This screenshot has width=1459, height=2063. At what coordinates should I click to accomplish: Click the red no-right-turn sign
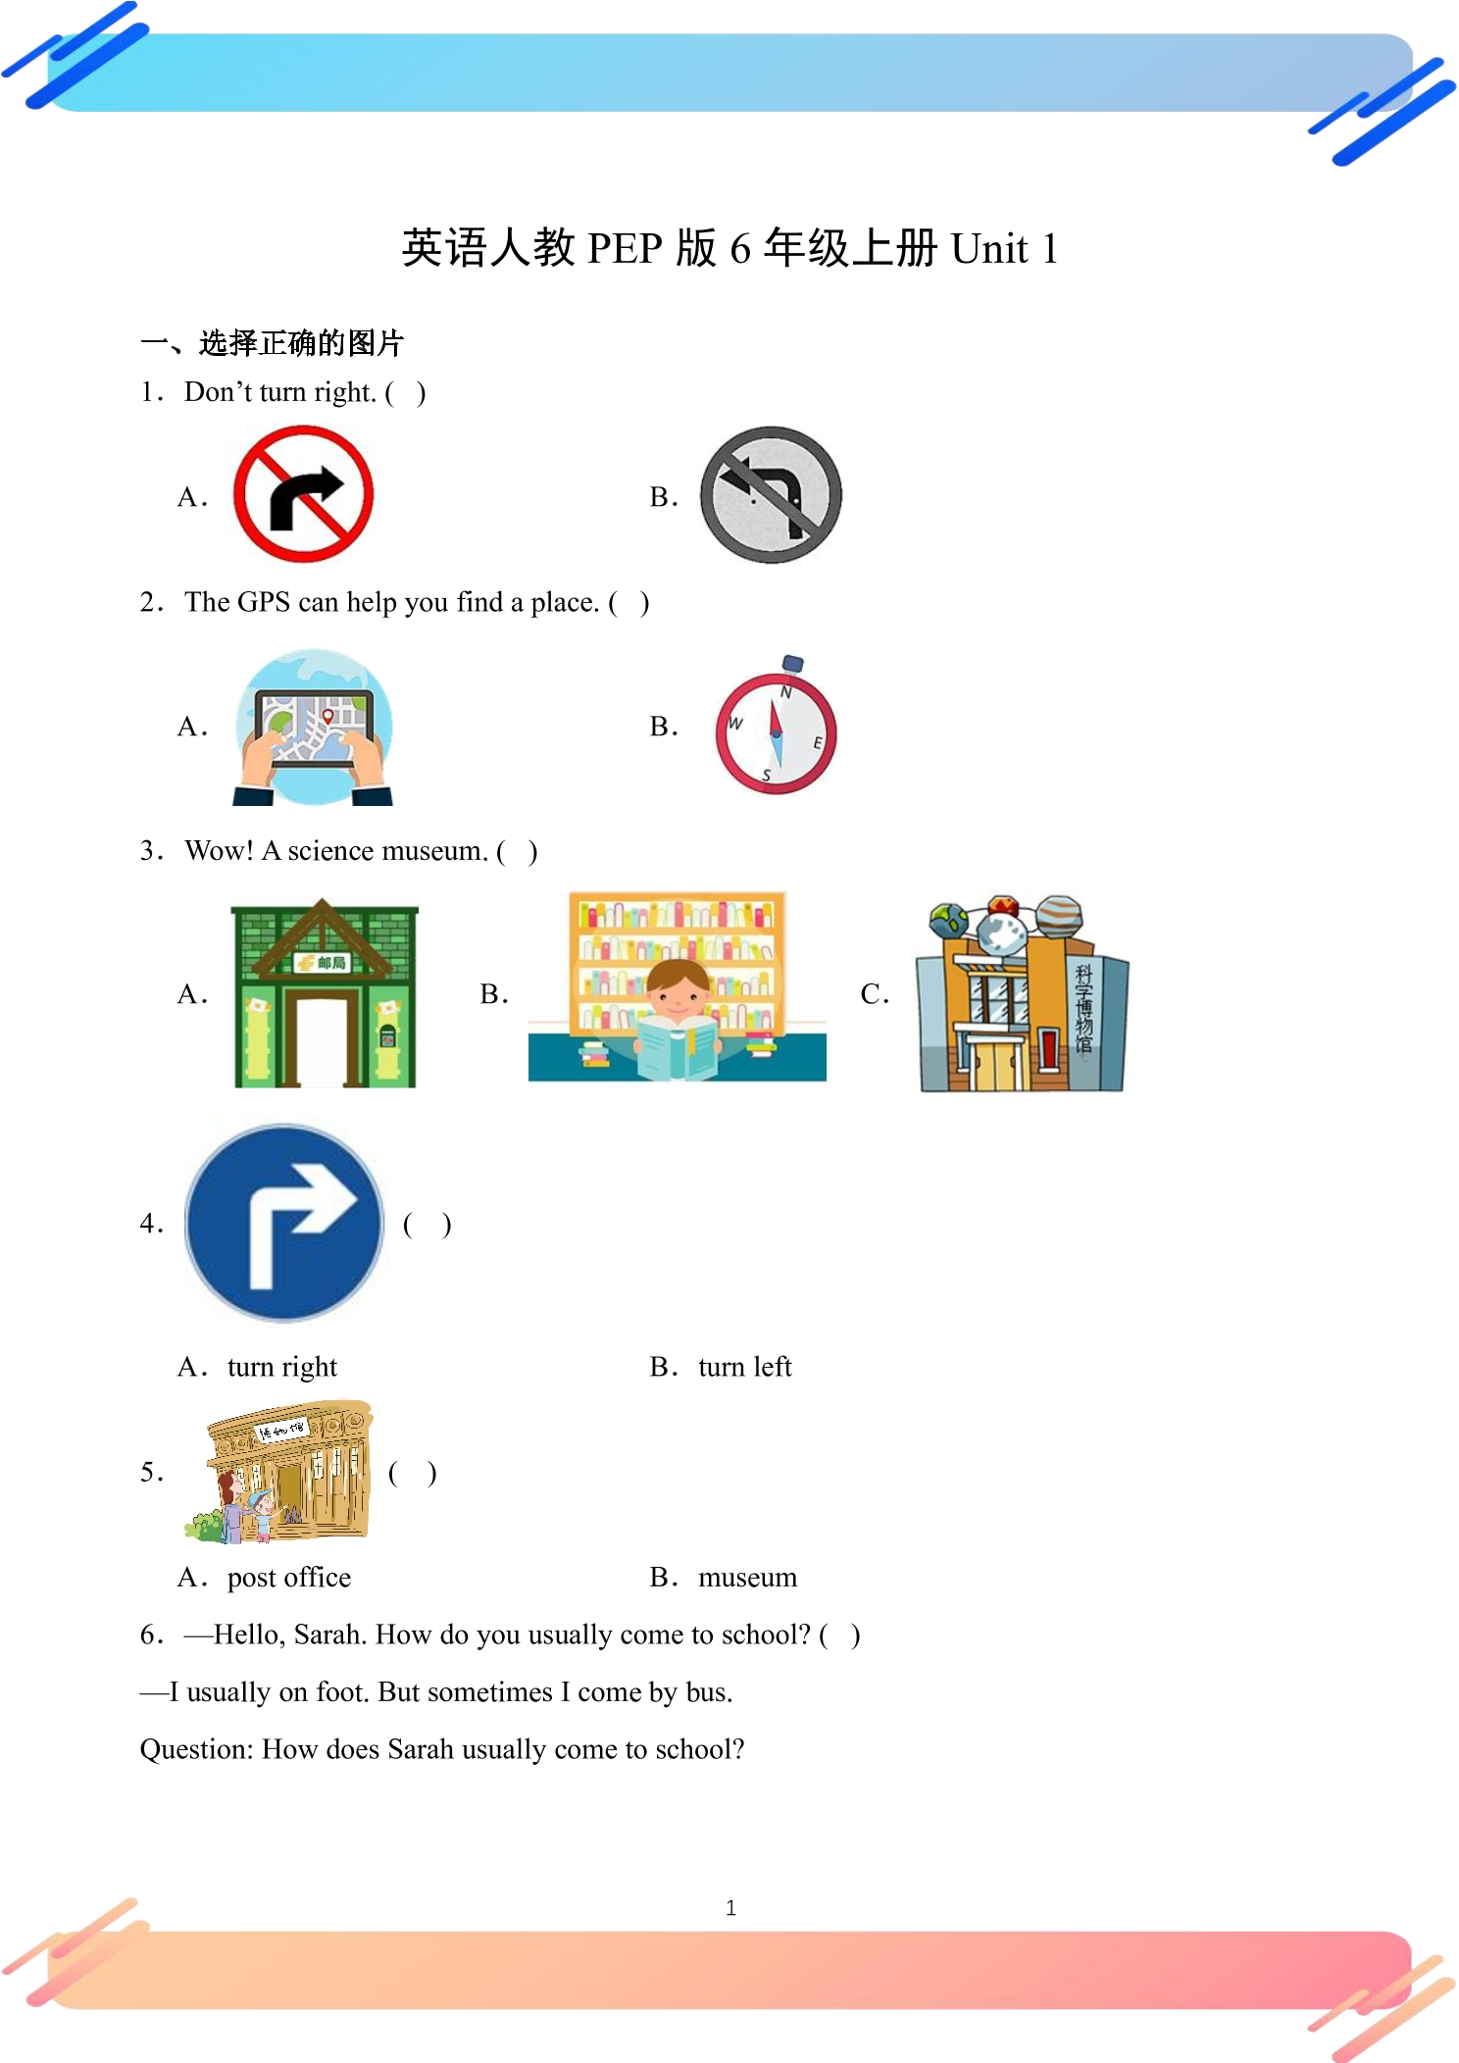click(x=303, y=494)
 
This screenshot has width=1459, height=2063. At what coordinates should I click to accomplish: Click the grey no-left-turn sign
click(x=771, y=494)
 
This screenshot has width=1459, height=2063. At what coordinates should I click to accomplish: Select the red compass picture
click(x=777, y=726)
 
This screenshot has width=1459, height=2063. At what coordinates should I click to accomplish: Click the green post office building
click(x=325, y=992)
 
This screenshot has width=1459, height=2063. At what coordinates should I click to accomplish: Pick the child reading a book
click(x=678, y=1020)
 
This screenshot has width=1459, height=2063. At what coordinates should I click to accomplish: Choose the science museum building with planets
click(x=1023, y=992)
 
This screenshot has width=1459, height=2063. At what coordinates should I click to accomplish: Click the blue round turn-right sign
click(x=284, y=1223)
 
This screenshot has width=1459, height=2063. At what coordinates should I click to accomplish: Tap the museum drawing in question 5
click(x=278, y=1471)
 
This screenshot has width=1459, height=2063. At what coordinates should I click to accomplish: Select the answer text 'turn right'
click(x=282, y=1367)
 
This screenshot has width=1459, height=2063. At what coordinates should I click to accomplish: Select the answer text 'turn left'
click(x=745, y=1367)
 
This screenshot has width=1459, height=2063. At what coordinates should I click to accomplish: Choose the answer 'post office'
click(x=289, y=1578)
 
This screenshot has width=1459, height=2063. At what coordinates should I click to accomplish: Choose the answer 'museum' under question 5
click(x=748, y=1578)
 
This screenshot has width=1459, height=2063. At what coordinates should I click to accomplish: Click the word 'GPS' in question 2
click(x=264, y=602)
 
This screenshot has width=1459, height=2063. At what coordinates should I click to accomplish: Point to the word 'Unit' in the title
click(x=990, y=248)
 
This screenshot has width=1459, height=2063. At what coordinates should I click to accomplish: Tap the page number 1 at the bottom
click(x=730, y=1908)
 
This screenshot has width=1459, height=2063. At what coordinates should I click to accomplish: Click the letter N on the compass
click(x=785, y=692)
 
